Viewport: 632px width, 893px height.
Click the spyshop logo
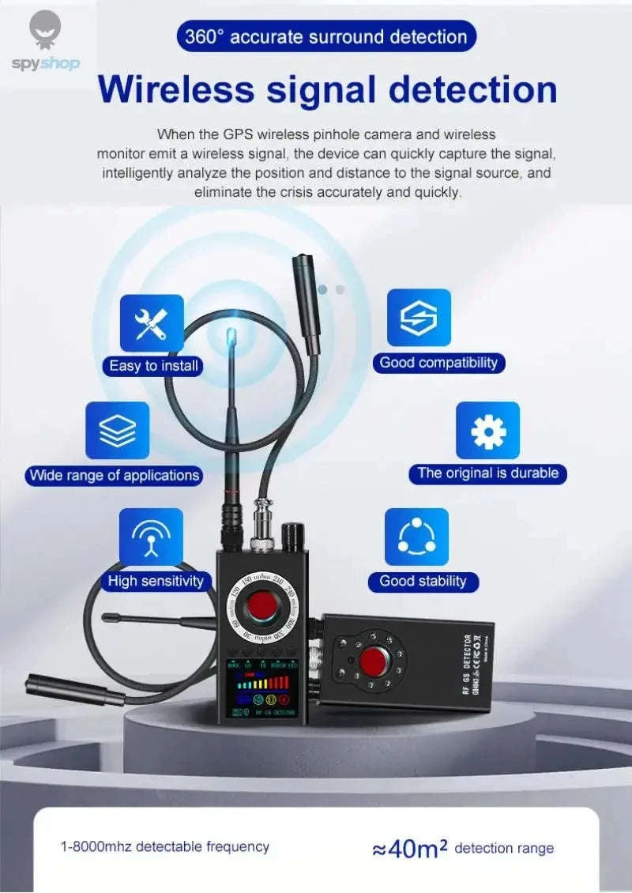pyautogui.click(x=45, y=43)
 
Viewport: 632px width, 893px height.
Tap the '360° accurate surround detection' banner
pyautogui.click(x=326, y=36)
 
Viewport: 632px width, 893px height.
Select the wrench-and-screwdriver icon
pyautogui.click(x=152, y=323)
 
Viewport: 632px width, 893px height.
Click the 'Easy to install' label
pyautogui.click(x=154, y=366)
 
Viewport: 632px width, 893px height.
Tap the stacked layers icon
pyautogui.click(x=117, y=431)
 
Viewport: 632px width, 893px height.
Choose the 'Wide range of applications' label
pyautogui.click(x=114, y=476)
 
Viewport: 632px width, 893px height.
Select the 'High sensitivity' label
pyautogui.click(x=156, y=582)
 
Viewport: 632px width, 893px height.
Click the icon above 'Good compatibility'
pyautogui.click(x=419, y=318)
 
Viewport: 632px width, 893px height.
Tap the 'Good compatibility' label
pyautogui.click(x=438, y=364)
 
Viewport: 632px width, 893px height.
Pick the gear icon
pyautogui.click(x=487, y=431)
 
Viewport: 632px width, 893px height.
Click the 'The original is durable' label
pyautogui.click(x=487, y=474)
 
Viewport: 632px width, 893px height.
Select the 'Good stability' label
pyautogui.click(x=423, y=582)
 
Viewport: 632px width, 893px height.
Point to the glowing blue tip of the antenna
pyautogui.click(x=230, y=337)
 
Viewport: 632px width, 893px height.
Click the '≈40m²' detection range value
pyautogui.click(x=410, y=849)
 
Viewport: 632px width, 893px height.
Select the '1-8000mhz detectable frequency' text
pyautogui.click(x=165, y=847)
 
